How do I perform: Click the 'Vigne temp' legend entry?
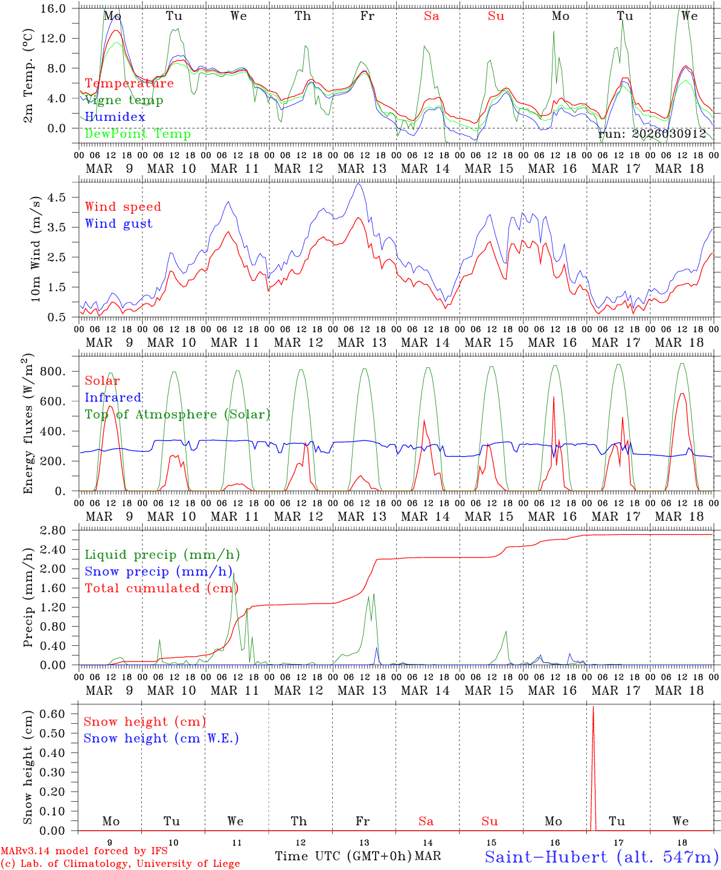coord(124,100)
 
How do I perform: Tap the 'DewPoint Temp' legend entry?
coord(138,134)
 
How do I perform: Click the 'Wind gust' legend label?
coord(118,224)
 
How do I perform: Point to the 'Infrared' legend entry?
coord(113,398)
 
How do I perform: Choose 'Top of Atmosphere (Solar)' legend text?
coord(178,414)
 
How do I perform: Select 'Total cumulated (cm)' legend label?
coord(161,588)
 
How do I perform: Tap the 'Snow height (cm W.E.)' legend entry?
coord(161,738)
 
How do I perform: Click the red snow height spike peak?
coord(593,707)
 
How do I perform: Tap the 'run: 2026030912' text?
coord(652,134)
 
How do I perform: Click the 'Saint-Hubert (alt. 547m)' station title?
coord(601,856)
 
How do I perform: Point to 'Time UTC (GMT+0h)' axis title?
coord(343,856)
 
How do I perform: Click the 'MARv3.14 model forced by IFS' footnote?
coord(84,851)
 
